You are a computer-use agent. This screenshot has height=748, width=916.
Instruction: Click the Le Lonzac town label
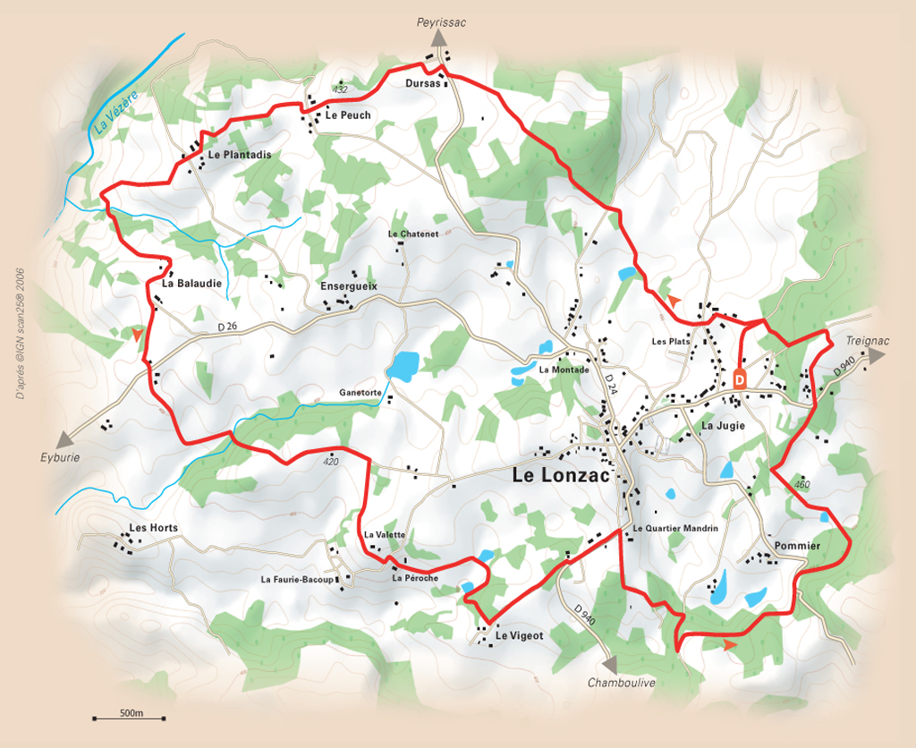click(561, 476)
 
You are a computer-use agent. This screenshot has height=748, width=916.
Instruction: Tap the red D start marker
click(740, 378)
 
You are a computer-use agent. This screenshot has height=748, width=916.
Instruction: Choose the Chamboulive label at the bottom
click(622, 683)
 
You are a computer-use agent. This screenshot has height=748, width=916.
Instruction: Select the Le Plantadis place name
click(239, 155)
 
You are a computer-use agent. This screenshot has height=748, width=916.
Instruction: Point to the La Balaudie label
click(192, 283)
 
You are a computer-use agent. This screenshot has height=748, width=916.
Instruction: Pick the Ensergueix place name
click(349, 286)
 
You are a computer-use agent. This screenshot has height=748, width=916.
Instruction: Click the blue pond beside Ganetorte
click(402, 365)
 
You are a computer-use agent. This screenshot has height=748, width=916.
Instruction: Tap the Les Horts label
click(154, 528)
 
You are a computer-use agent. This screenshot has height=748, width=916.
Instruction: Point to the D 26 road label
click(228, 327)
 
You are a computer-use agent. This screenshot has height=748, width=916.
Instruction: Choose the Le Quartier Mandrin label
click(675, 529)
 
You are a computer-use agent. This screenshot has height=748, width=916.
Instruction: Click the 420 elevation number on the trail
click(330, 462)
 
